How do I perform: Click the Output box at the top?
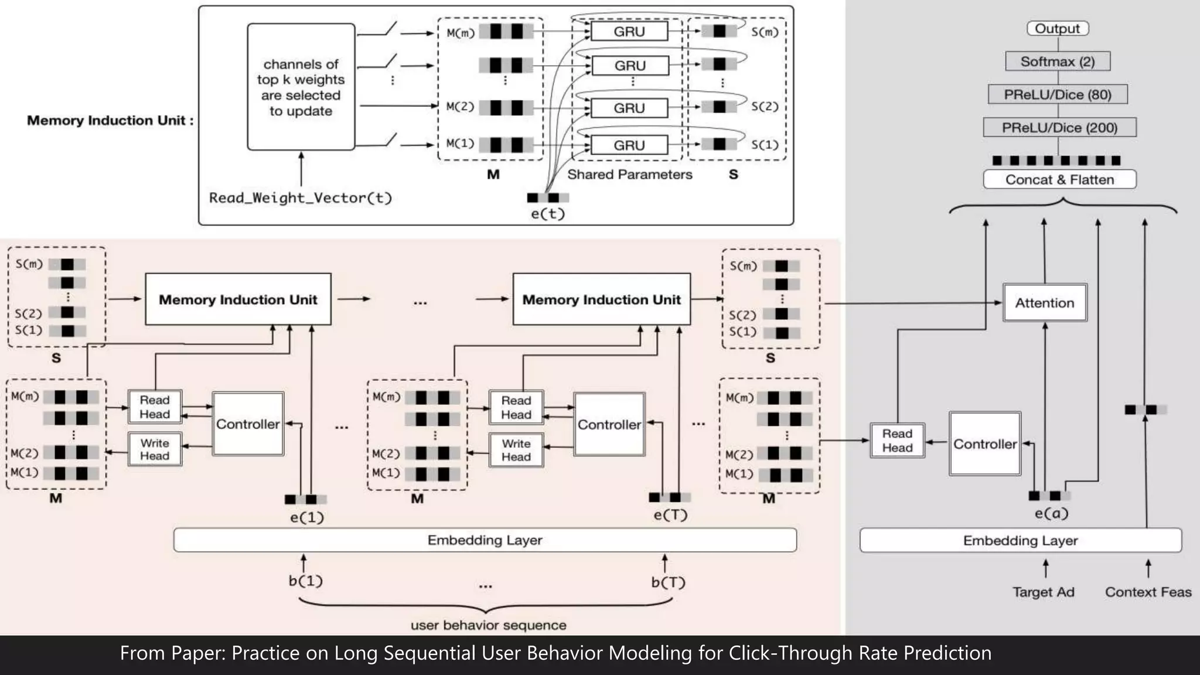tap(1057, 29)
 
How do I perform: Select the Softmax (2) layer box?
tap(1057, 62)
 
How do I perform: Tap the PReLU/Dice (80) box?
tap(1057, 94)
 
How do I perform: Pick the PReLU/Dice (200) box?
tap(1059, 128)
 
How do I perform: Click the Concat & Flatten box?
tap(1059, 179)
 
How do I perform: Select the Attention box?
tap(1045, 303)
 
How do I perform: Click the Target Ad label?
tap(1044, 592)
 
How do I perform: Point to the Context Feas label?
tap(1148, 592)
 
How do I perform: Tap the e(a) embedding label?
tap(1051, 514)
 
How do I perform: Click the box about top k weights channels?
tap(301, 87)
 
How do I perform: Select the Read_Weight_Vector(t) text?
tap(301, 198)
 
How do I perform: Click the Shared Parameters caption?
tap(629, 175)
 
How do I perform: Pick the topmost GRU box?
tap(629, 32)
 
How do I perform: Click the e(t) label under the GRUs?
tap(547, 214)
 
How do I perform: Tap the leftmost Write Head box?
tap(155, 449)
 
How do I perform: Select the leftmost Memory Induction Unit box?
tap(238, 299)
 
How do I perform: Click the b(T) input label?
tap(668, 582)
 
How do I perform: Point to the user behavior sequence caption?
tap(488, 625)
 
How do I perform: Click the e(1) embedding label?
tap(306, 517)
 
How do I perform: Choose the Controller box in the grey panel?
tap(984, 444)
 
